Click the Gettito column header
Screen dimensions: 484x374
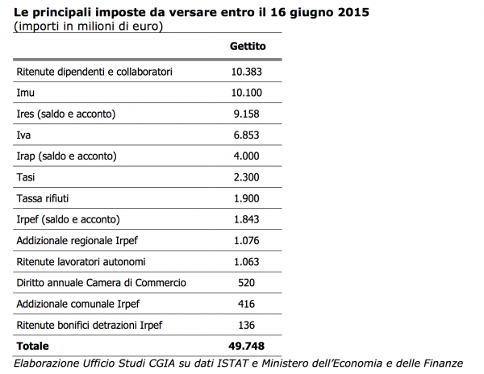pos(248,46)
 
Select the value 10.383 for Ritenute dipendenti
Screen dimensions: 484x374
pos(247,72)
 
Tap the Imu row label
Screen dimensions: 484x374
pos(25,93)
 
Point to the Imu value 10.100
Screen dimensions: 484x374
pos(247,93)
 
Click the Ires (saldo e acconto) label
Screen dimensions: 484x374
pos(66,114)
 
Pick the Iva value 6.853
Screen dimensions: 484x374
pos(246,135)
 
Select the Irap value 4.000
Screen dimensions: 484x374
pos(246,156)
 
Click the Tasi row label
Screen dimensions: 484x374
pos(26,177)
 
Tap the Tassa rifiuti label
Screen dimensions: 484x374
pos(43,198)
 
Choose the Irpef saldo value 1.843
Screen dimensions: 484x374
pos(246,219)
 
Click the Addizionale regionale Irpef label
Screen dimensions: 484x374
pos(77,241)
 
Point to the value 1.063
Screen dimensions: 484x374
pos(246,262)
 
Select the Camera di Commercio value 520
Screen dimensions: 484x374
pos(246,283)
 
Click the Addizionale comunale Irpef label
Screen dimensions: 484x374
pos(78,305)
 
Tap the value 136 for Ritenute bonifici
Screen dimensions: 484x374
pos(246,325)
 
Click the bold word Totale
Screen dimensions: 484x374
pos(33,347)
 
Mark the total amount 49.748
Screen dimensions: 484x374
pos(246,347)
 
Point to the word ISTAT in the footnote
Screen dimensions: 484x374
pos(232,364)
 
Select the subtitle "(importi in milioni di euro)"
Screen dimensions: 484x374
pos(88,27)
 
